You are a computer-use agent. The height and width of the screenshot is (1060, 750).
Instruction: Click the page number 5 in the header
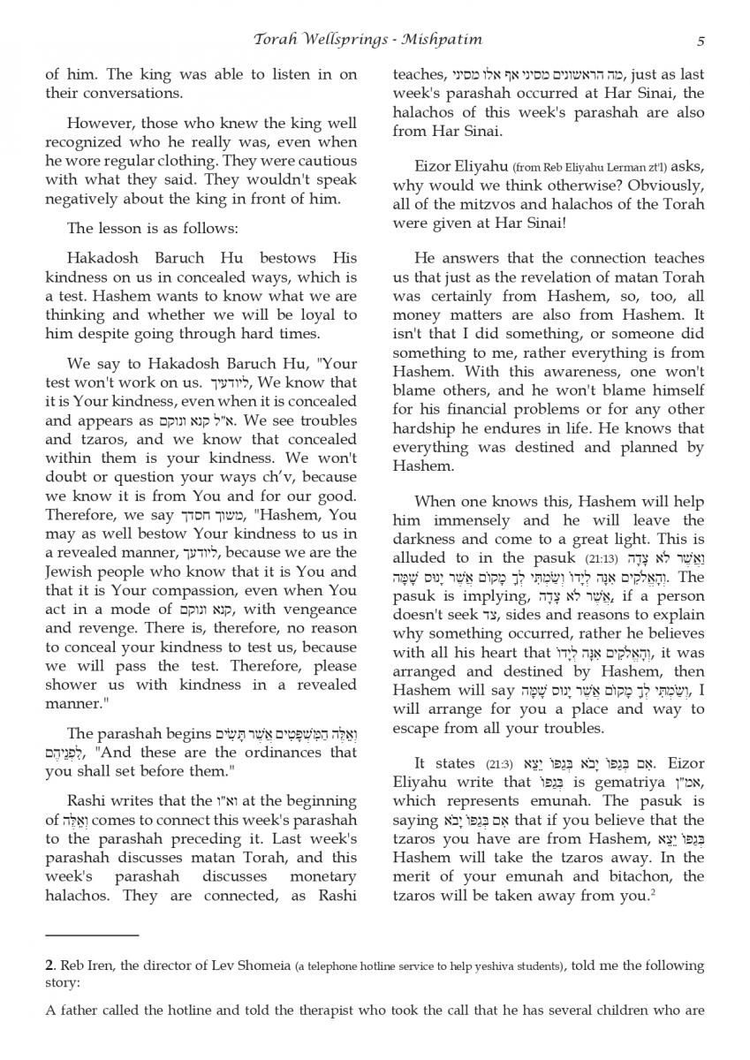click(700, 41)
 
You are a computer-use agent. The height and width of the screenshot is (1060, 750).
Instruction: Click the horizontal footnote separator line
click(92, 934)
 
